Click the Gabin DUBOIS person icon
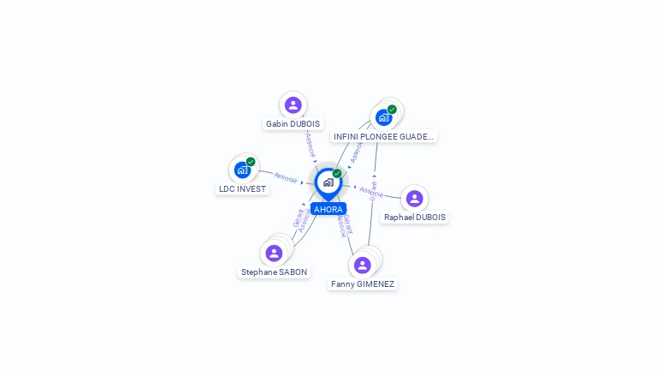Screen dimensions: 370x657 pyautogui.click(x=293, y=104)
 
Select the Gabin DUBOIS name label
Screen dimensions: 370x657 pyautogui.click(x=293, y=124)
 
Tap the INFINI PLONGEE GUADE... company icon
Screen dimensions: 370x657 pyautogui.click(x=384, y=117)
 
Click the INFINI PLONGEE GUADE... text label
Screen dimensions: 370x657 pyautogui.click(x=383, y=136)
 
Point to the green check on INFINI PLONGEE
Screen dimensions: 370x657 pyautogui.click(x=392, y=109)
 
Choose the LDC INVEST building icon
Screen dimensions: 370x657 pyautogui.click(x=242, y=170)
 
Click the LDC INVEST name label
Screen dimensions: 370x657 pyautogui.click(x=242, y=188)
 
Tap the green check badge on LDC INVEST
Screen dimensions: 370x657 pyautogui.click(x=251, y=161)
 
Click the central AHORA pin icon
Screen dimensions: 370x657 pyautogui.click(x=328, y=182)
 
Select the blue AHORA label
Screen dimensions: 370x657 pyautogui.click(x=328, y=209)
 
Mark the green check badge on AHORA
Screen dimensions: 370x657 pyautogui.click(x=337, y=173)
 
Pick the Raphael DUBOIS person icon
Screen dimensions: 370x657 pyautogui.click(x=415, y=199)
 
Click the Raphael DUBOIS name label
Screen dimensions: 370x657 pyautogui.click(x=415, y=218)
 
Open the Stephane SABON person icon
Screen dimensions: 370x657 pyautogui.click(x=274, y=253)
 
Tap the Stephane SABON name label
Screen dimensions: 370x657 pyautogui.click(x=274, y=272)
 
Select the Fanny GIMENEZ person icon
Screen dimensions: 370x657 pyautogui.click(x=363, y=265)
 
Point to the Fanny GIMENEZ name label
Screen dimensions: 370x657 pyautogui.click(x=363, y=283)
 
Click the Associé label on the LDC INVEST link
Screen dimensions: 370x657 pyautogui.click(x=286, y=177)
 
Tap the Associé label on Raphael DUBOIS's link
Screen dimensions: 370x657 pyautogui.click(x=371, y=190)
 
